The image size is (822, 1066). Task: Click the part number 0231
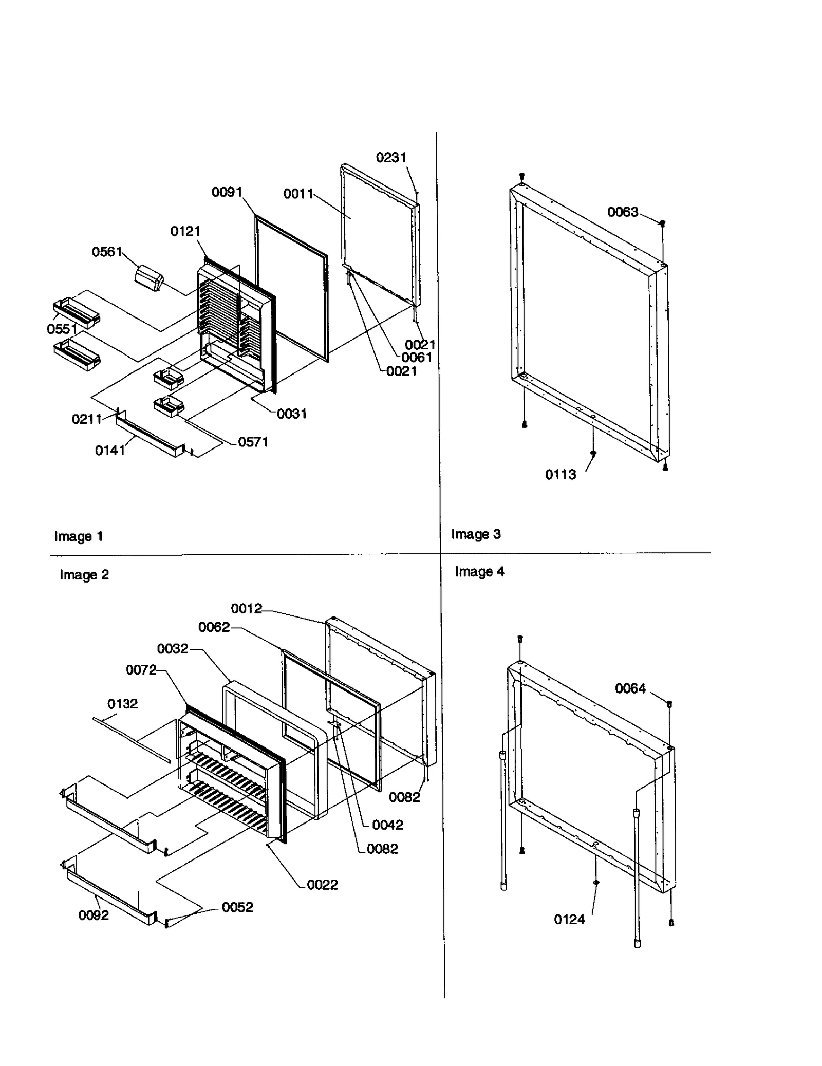(x=391, y=158)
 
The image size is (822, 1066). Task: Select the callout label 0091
(x=227, y=192)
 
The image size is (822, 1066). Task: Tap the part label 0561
(x=107, y=252)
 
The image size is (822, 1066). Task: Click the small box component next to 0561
(x=148, y=279)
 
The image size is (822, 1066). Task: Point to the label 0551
(x=62, y=329)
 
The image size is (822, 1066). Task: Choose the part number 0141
(x=110, y=451)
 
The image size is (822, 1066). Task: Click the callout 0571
(x=253, y=442)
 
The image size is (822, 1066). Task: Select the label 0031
(x=291, y=414)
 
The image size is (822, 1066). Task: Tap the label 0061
(x=416, y=357)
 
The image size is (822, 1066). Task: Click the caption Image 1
(x=79, y=536)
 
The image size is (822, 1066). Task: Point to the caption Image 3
(x=476, y=534)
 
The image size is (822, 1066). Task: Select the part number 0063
(x=622, y=212)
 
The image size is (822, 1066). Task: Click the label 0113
(x=561, y=475)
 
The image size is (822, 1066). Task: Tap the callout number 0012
(x=246, y=609)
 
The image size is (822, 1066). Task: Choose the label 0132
(x=122, y=704)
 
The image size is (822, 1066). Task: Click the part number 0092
(x=94, y=915)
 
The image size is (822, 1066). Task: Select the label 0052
(x=237, y=907)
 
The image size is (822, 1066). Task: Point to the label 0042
(x=387, y=825)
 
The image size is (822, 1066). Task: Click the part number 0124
(x=569, y=920)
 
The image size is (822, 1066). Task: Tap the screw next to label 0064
(x=669, y=703)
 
